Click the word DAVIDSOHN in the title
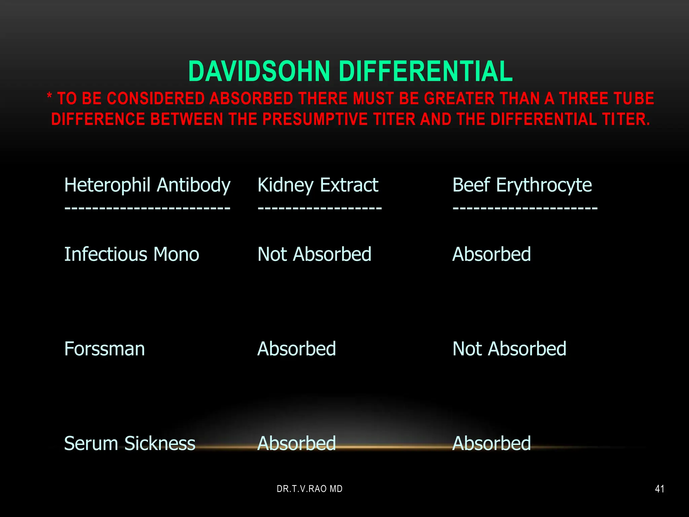(x=259, y=71)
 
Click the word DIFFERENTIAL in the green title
(x=426, y=71)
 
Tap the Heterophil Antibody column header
(x=147, y=185)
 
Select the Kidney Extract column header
(x=318, y=185)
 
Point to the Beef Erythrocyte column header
(x=522, y=185)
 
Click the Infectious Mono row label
(x=132, y=254)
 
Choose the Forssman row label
(x=104, y=349)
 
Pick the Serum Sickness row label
(x=130, y=443)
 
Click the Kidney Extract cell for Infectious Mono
(x=314, y=254)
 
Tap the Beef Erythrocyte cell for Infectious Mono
(x=492, y=254)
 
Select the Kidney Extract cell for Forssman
(x=296, y=349)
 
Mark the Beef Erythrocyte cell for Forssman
(x=509, y=349)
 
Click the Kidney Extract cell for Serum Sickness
(x=296, y=443)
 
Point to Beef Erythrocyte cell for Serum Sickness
(x=492, y=443)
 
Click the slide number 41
(x=660, y=489)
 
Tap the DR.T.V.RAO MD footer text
(x=310, y=489)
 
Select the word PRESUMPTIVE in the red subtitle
(x=315, y=119)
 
